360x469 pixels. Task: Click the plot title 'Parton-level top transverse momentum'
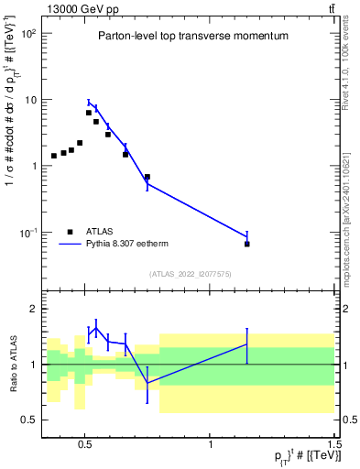(193, 37)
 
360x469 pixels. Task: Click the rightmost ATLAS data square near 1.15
(247, 244)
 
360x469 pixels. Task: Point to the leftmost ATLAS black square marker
(54, 156)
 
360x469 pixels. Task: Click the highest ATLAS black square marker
(89, 113)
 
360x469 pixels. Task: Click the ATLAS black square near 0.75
(147, 177)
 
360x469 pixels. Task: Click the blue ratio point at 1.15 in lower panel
(247, 344)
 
